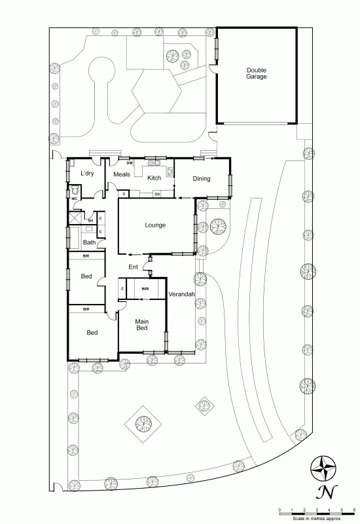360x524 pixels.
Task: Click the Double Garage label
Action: [257, 73]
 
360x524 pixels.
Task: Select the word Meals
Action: [122, 174]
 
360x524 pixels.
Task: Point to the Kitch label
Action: [154, 178]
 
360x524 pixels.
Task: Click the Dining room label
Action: [201, 178]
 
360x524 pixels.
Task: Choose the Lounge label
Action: [155, 225]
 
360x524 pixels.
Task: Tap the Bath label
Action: [89, 242]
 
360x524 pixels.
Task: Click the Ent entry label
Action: [134, 267]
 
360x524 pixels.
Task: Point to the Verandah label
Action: [182, 295]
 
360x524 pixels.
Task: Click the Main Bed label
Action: [142, 324]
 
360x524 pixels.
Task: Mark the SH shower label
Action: [92, 220]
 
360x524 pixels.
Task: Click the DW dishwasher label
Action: [130, 162]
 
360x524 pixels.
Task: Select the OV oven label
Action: [158, 195]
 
